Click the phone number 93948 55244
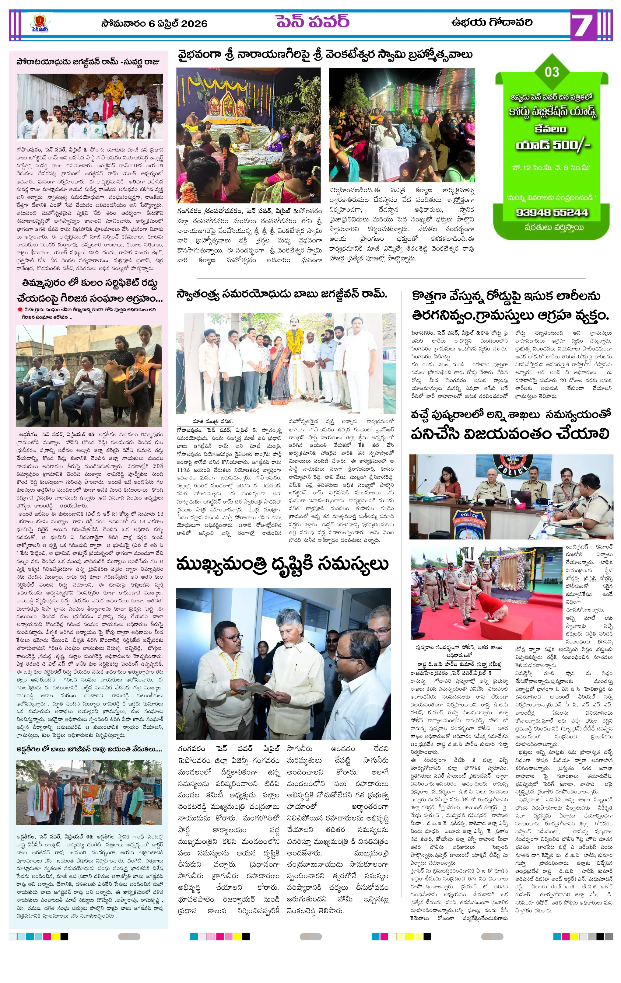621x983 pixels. pyautogui.click(x=552, y=213)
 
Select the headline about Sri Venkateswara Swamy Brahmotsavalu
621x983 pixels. pyautogui.click(x=325, y=55)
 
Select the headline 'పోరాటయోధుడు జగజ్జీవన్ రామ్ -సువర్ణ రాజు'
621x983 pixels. pyautogui.click(x=88, y=62)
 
